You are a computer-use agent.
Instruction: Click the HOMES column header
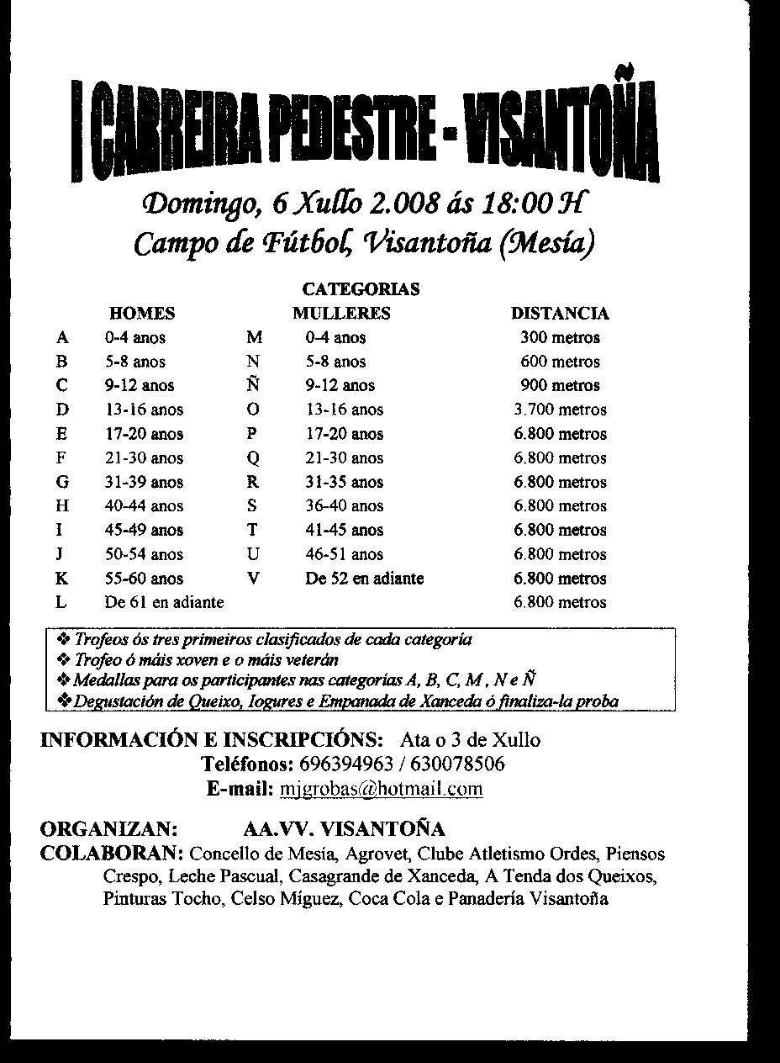tap(142, 314)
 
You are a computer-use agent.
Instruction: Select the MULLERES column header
tap(341, 314)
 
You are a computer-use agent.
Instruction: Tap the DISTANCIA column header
tap(560, 314)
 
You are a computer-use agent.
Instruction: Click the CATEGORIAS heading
tap(361, 289)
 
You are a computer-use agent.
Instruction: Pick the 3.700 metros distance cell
tap(560, 410)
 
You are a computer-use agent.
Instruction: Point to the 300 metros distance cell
tap(560, 338)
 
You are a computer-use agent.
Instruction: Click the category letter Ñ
tap(253, 385)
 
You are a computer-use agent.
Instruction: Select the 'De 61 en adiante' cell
tap(164, 603)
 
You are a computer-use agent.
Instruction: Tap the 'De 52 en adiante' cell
tap(364, 579)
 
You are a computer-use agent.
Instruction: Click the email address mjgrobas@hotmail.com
tap(380, 789)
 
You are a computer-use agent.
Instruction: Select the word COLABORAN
tap(112, 854)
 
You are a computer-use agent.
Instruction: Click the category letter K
tap(61, 579)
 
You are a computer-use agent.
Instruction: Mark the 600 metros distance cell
tap(560, 362)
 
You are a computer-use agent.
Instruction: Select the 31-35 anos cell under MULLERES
tap(344, 483)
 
